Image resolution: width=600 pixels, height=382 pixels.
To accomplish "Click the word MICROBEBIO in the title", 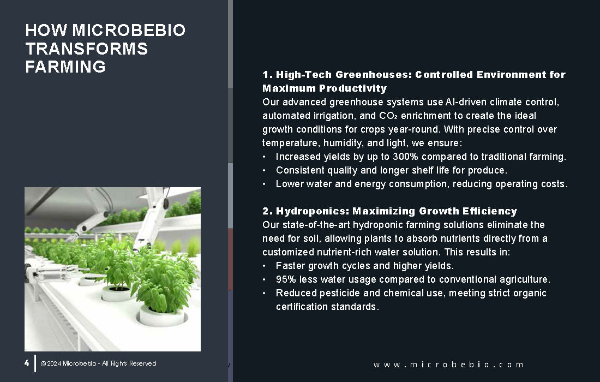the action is pyautogui.click(x=129, y=30).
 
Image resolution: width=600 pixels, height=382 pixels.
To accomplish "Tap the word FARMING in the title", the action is pyautogui.click(x=65, y=67).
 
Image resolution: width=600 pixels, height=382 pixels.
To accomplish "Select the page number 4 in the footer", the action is pyautogui.click(x=26, y=363).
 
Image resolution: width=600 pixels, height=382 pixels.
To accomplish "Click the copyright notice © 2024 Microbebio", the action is pyautogui.click(x=98, y=363).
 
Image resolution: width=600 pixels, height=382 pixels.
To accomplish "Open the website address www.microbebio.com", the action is pyautogui.click(x=448, y=365).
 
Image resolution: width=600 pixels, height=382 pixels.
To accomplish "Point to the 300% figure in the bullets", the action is pyautogui.click(x=405, y=157).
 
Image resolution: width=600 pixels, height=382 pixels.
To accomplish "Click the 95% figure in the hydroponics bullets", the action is pyautogui.click(x=286, y=279).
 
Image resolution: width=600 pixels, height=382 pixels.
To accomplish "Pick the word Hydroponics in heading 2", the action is pyautogui.click(x=313, y=211).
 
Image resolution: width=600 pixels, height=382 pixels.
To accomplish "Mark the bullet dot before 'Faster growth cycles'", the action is pyautogui.click(x=264, y=266).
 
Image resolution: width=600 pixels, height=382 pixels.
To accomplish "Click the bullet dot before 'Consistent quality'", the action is pyautogui.click(x=264, y=170).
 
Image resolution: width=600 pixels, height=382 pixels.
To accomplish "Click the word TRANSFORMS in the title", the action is pyautogui.click(x=87, y=49).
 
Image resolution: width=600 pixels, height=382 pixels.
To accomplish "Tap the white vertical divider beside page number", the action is pyautogui.click(x=35, y=363).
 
